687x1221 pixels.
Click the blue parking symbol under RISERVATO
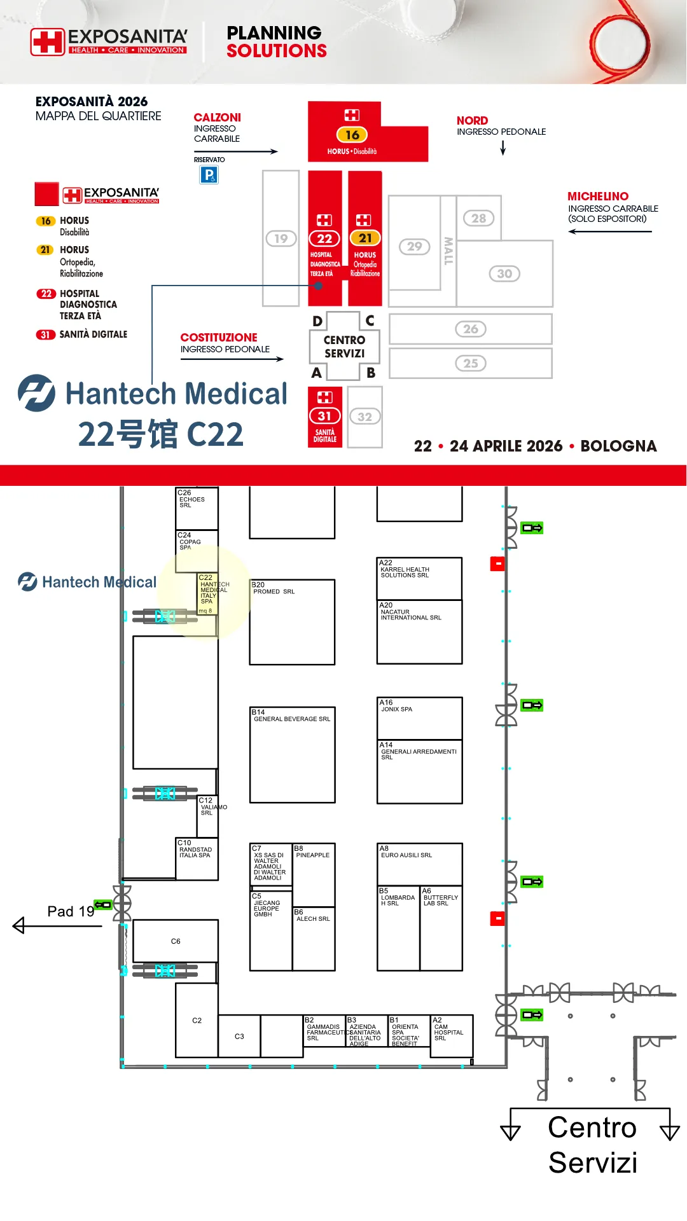tap(209, 175)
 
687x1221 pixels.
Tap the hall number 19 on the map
tap(281, 238)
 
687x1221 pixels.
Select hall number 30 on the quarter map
tap(504, 273)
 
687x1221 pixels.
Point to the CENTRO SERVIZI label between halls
tap(344, 347)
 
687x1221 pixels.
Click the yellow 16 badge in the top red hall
tap(352, 135)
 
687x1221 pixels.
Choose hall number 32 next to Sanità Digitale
tap(364, 417)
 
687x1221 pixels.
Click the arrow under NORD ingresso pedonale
tap(503, 148)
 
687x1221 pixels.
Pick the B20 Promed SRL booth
tap(292, 621)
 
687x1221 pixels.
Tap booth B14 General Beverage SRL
tap(292, 754)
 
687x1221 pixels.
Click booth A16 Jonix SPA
tap(419, 718)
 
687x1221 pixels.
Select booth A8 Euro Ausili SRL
tap(419, 864)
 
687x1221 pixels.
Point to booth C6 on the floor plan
tap(176, 941)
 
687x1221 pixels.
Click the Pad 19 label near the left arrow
tap(71, 911)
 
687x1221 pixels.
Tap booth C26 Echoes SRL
tap(197, 507)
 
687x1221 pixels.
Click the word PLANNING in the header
tap(274, 32)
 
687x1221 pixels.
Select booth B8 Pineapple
tap(314, 874)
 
